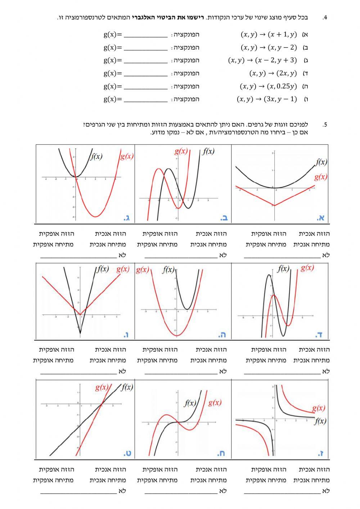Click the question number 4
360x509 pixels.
point(325,18)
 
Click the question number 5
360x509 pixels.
point(325,125)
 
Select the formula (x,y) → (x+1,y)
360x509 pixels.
point(269,35)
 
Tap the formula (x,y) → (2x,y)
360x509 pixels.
point(273,73)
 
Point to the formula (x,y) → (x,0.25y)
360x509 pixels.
point(269,86)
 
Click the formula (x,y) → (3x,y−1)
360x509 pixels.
point(267,99)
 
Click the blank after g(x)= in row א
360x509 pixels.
point(145,35)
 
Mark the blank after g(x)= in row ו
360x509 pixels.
point(145,100)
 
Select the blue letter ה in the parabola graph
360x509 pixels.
point(221,335)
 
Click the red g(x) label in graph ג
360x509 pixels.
point(126,156)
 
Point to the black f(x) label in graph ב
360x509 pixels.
point(208,151)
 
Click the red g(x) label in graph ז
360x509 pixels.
point(318,408)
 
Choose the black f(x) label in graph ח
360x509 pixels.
point(190,403)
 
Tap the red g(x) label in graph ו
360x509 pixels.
point(123,269)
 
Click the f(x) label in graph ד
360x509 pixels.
point(283,268)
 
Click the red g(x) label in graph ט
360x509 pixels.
point(102,387)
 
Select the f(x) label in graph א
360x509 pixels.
point(321,162)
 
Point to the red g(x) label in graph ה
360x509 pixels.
point(143,270)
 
